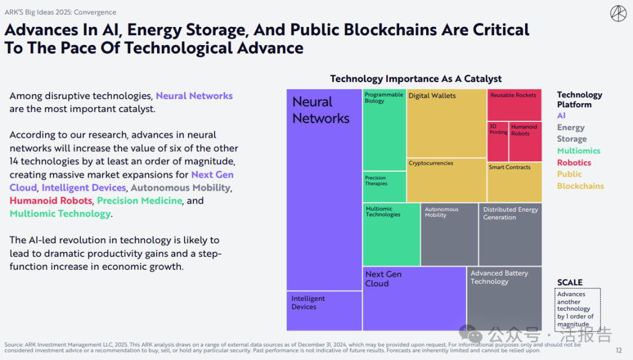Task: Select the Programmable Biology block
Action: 384,130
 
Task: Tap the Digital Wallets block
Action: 447,123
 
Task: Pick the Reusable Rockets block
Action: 514,105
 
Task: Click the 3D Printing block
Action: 498,141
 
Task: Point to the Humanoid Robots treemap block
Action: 525,141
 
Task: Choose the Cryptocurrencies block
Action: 447,180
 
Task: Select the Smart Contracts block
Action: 514,182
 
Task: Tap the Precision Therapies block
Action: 384,186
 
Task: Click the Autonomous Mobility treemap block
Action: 449,234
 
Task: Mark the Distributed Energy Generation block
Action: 510,234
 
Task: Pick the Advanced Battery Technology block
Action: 504,298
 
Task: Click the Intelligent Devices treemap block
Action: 324,311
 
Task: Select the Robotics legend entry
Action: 574,162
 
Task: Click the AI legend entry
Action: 561,116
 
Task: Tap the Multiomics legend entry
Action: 578,151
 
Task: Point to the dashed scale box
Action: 578,308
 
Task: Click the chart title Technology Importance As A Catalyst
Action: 416,79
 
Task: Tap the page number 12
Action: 618,350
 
